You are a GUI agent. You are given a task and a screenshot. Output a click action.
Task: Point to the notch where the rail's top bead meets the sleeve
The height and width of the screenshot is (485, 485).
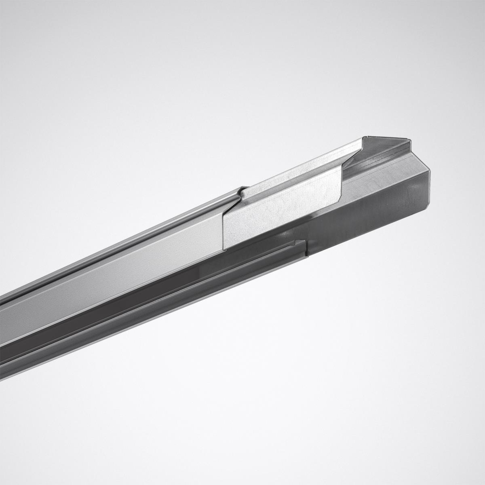pos(242,190)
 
